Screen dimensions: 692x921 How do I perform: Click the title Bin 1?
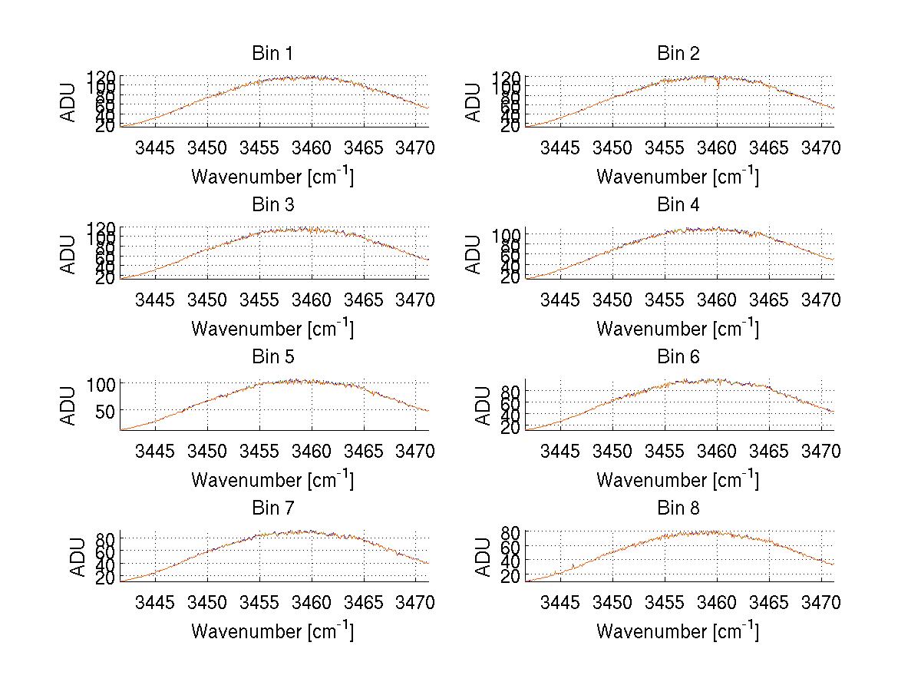pyautogui.click(x=272, y=54)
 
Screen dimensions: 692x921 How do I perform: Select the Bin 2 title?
pyautogui.click(x=678, y=54)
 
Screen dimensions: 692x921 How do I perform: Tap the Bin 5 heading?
pyautogui.click(x=272, y=357)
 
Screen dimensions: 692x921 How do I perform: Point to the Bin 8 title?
pyautogui.click(x=678, y=508)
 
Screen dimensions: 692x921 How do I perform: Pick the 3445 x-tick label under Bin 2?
pyautogui.click(x=560, y=148)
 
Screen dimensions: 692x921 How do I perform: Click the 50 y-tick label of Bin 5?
pyautogui.click(x=106, y=411)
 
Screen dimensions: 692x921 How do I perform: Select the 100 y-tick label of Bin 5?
pyautogui.click(x=101, y=384)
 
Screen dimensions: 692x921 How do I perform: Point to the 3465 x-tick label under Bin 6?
pyautogui.click(x=769, y=451)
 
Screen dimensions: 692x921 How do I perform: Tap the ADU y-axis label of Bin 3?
pyautogui.click(x=69, y=253)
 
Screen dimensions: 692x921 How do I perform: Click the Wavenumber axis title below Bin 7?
pyautogui.click(x=272, y=631)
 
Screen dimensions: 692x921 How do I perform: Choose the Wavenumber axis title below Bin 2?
pyautogui.click(x=678, y=176)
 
